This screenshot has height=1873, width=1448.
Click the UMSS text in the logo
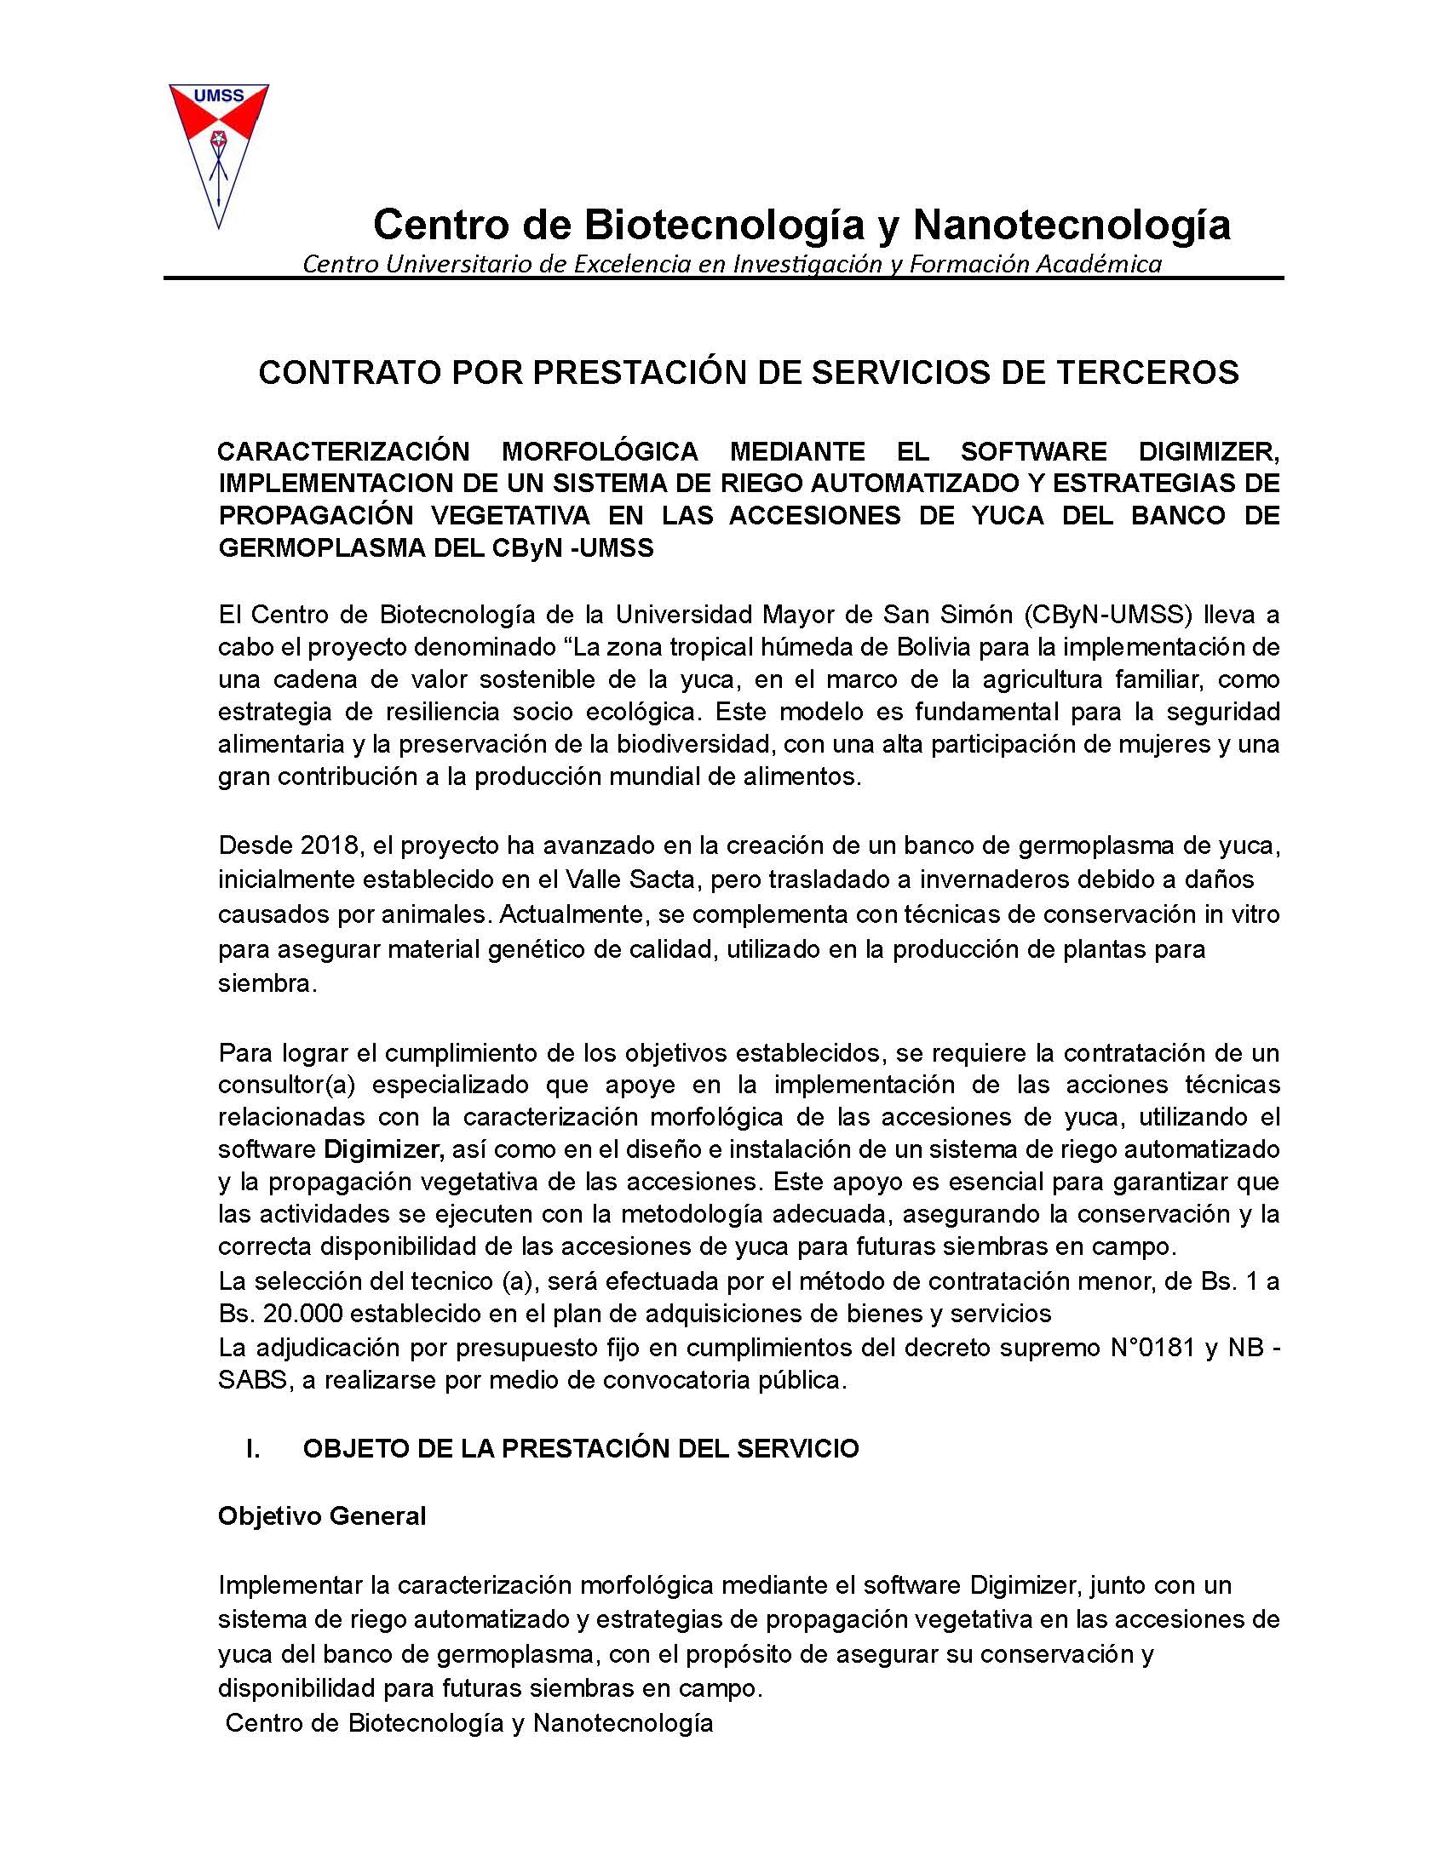point(219,96)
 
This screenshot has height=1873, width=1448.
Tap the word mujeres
point(1158,743)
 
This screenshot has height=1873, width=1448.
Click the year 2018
point(325,845)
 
